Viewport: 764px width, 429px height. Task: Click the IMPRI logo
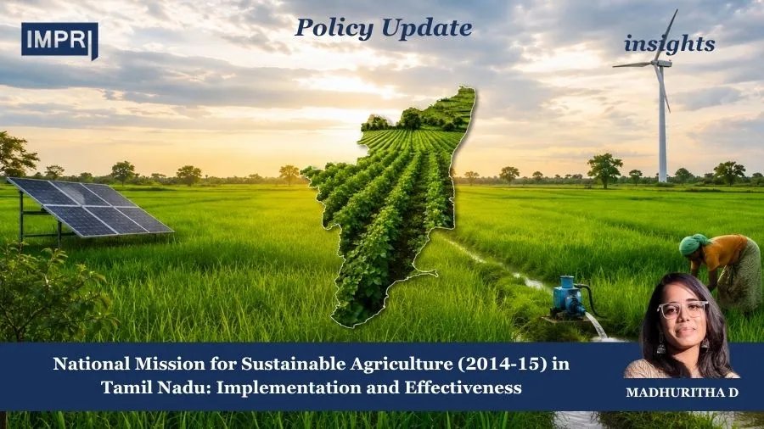(x=59, y=41)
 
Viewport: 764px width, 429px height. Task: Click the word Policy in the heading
(x=334, y=28)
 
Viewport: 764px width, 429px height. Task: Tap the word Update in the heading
(x=427, y=28)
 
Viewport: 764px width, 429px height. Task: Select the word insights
(x=670, y=44)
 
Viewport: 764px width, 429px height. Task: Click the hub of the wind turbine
(x=660, y=63)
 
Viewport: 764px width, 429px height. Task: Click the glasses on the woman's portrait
(x=683, y=309)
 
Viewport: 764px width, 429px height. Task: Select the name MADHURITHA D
(x=683, y=393)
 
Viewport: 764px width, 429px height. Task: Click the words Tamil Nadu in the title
(x=155, y=387)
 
